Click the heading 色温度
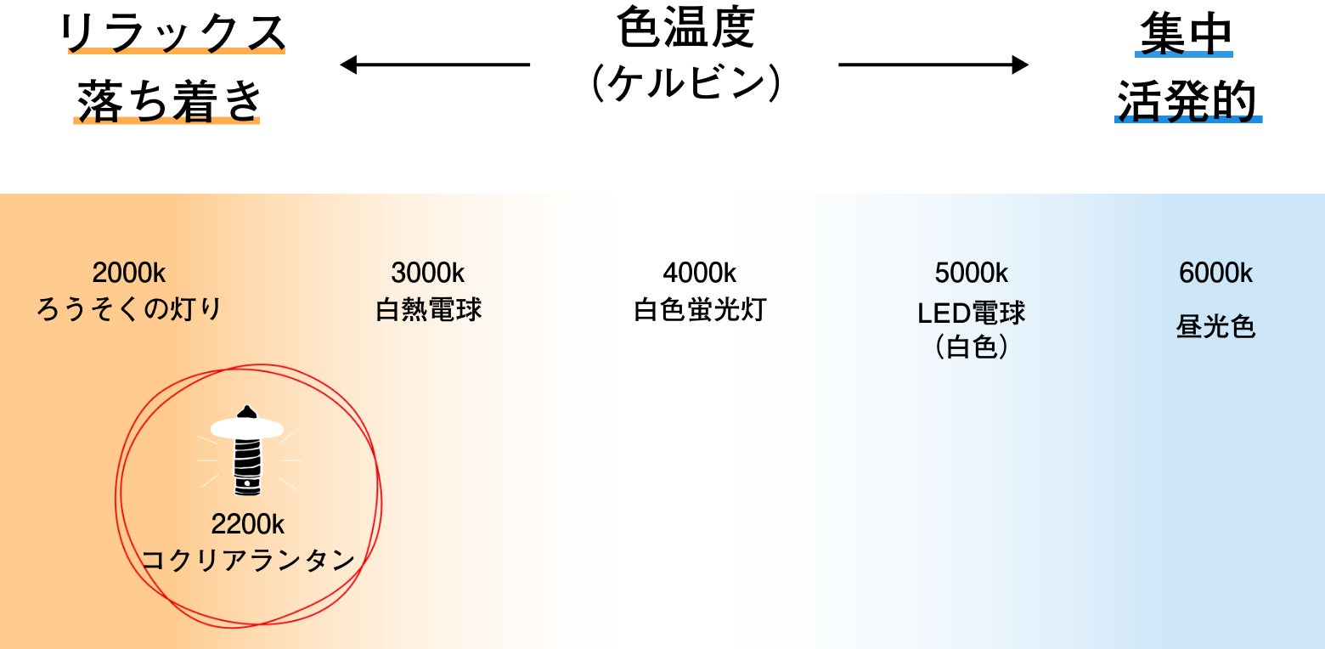685,30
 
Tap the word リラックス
173,33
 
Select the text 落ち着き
167,101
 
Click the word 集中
1184,35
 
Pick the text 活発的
1187,101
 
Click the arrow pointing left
434,65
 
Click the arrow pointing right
933,65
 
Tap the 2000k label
129,274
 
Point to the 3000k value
428,274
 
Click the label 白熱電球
428,309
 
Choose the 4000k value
700,274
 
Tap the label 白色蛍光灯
700,309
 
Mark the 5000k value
972,274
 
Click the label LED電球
972,313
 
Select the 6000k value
1216,274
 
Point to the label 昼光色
1216,326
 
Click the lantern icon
246,450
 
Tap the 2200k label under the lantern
248,524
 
